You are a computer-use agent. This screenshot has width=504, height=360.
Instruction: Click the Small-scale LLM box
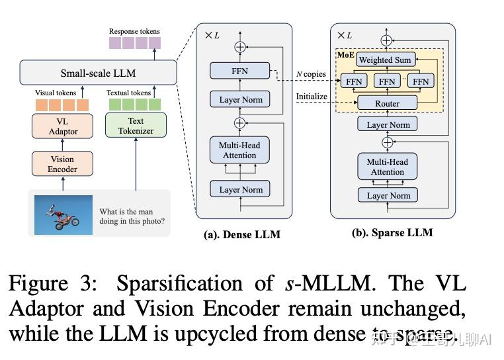click(99, 73)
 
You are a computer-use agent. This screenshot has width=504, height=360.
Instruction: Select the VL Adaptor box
click(63, 126)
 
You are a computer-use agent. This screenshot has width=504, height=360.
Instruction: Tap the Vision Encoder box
click(63, 164)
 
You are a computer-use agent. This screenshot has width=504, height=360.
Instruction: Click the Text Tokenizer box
click(136, 126)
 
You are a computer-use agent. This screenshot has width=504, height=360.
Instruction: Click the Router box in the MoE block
click(387, 103)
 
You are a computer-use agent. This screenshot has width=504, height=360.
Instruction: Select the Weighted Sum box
click(384, 60)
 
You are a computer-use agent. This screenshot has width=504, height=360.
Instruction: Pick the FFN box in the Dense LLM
click(239, 71)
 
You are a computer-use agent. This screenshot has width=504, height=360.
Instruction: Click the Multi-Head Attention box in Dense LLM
click(239, 150)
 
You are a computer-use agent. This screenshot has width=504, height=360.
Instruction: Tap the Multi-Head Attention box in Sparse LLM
click(387, 167)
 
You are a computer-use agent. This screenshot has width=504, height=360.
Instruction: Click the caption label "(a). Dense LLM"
click(241, 234)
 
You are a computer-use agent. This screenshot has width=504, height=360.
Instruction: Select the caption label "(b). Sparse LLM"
click(392, 232)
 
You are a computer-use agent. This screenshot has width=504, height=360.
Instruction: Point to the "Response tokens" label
click(134, 31)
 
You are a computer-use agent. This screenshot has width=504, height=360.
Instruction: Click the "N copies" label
click(310, 73)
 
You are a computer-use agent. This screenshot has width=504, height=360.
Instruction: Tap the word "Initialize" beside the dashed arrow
click(312, 96)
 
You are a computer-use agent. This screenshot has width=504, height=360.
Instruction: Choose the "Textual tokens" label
click(129, 93)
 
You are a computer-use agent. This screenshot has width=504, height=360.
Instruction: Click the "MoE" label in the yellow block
click(345, 54)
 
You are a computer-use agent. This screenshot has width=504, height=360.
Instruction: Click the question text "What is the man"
click(126, 212)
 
